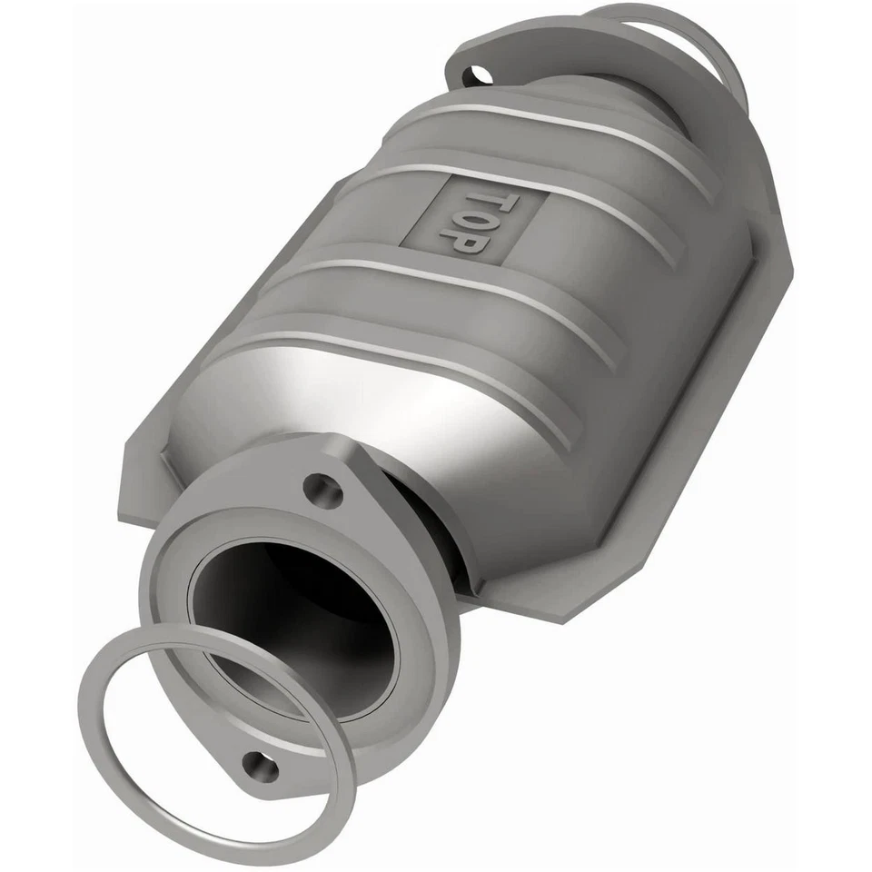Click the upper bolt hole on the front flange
[322, 489]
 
